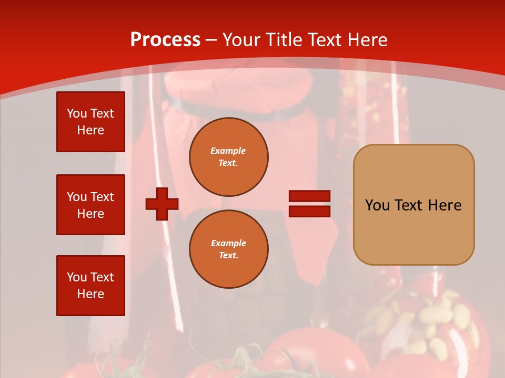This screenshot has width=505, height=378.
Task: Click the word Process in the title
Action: (165, 40)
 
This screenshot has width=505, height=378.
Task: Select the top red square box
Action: (90, 122)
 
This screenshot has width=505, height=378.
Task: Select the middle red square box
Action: (90, 205)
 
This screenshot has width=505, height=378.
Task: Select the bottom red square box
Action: (90, 286)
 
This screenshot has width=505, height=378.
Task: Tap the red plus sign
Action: (162, 204)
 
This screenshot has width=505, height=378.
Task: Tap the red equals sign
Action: (309, 204)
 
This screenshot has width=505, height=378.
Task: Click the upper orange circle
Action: (229, 157)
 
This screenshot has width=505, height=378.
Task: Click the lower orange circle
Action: (229, 249)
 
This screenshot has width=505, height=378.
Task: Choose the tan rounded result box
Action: (413, 205)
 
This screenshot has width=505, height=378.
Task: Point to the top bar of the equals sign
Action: (309, 196)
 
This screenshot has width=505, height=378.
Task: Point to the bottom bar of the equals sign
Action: (309, 211)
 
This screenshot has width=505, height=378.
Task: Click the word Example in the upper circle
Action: (228, 151)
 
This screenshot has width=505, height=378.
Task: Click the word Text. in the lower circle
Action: (228, 256)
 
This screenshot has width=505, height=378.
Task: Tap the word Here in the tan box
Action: (445, 205)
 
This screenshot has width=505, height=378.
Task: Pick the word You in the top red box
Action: (76, 113)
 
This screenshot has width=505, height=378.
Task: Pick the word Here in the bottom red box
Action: (90, 294)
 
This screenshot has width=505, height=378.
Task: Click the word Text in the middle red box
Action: (103, 197)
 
